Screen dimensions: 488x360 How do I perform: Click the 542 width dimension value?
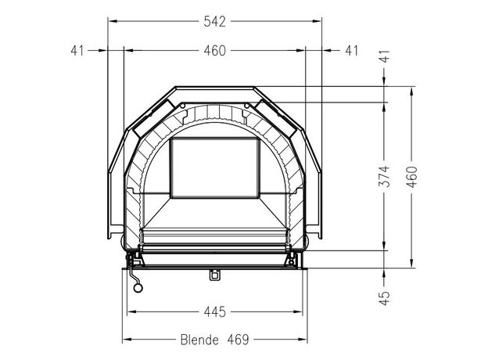tap(214, 22)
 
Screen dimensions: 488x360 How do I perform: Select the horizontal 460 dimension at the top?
tap(214, 51)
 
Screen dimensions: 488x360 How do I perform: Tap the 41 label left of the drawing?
tap(77, 51)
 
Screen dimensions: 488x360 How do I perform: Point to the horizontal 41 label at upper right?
tap(352, 51)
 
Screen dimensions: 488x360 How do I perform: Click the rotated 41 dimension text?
tap(385, 56)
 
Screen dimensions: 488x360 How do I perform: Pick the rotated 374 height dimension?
tap(384, 176)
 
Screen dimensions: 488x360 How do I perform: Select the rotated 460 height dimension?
tap(412, 177)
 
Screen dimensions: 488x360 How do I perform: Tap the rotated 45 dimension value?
tap(385, 298)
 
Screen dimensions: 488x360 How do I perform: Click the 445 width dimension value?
tap(214, 311)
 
